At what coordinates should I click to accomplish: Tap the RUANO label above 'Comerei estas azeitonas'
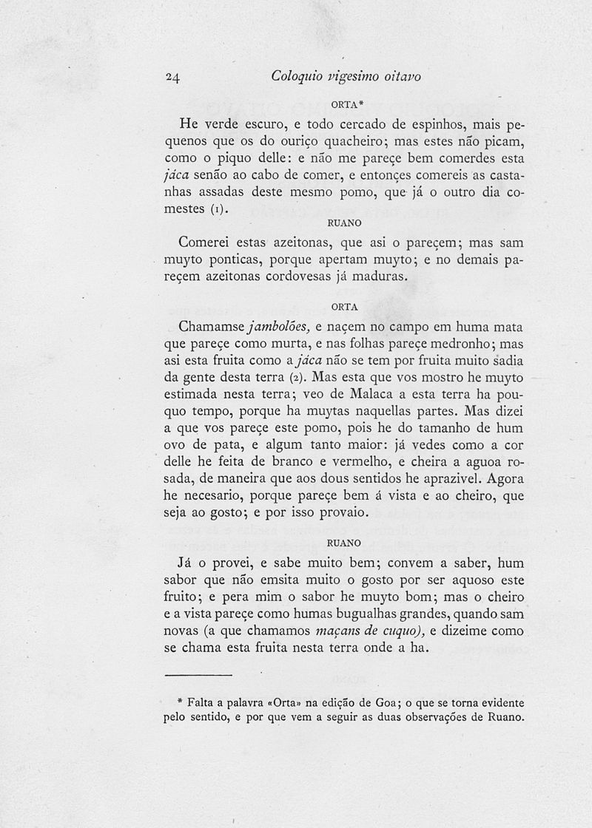(x=343, y=221)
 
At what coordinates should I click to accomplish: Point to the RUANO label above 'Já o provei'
(x=344, y=543)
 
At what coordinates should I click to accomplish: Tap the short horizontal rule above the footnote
(x=198, y=675)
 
